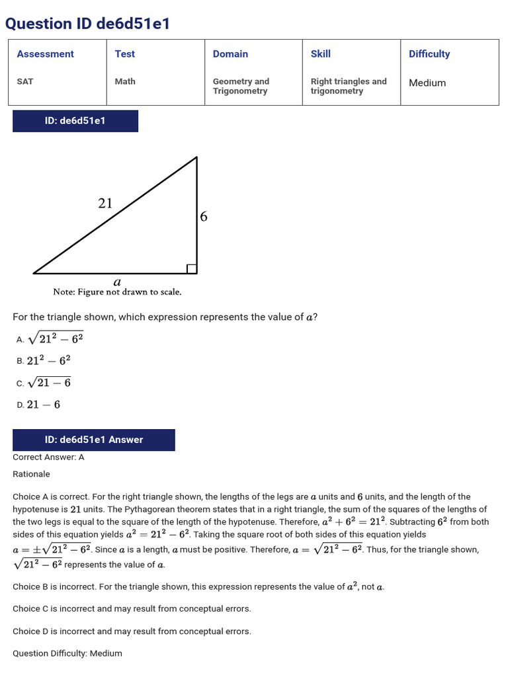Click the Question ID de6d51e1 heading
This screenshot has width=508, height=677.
coord(87,24)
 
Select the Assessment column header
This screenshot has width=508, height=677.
coord(45,54)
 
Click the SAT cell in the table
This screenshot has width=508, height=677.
coord(25,81)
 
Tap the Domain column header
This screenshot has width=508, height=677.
coord(230,54)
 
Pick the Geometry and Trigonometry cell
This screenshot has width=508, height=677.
coord(241,86)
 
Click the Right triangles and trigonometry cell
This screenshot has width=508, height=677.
coord(349,86)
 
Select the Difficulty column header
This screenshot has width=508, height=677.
coord(429,54)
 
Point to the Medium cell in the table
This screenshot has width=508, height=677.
coord(427,83)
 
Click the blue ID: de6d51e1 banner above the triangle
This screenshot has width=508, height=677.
coord(75,121)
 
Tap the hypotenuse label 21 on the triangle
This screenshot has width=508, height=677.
coord(105,204)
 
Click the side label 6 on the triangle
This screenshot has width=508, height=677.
coord(204,216)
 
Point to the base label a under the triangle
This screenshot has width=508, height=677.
coord(117,281)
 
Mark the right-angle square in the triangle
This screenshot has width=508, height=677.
coord(192,268)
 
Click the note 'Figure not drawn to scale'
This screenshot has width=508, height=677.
coord(117,292)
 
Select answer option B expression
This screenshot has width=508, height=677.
coord(48,360)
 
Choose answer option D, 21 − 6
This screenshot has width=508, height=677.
coord(44,405)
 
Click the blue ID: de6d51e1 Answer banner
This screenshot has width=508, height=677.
coord(94,440)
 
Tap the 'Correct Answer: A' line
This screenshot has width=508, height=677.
coord(48,457)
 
